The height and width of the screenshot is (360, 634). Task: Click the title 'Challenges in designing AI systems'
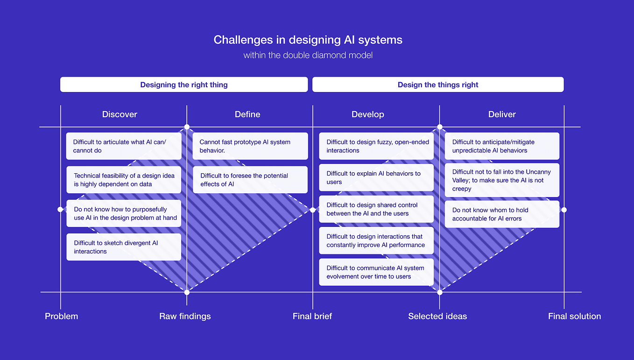click(x=308, y=40)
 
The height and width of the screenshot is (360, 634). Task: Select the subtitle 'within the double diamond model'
click(x=308, y=56)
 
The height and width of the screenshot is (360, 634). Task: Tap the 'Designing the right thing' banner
click(x=184, y=85)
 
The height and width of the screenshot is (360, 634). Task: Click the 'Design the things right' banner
click(x=438, y=85)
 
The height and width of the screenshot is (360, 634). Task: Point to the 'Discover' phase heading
click(x=120, y=114)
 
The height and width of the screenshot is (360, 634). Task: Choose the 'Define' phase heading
click(x=247, y=114)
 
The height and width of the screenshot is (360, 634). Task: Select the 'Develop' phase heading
click(x=368, y=114)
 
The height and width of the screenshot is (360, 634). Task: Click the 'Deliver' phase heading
click(x=502, y=114)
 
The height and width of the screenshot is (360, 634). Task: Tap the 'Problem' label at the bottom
click(x=61, y=316)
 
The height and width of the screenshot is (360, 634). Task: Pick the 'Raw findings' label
click(x=185, y=316)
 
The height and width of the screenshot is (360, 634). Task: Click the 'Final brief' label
click(x=312, y=316)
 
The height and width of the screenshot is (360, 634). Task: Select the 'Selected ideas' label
click(x=437, y=316)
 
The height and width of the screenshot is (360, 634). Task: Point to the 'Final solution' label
click(x=574, y=316)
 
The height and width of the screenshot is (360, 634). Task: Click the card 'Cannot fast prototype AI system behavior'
click(x=250, y=146)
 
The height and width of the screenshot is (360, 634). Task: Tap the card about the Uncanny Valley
click(x=502, y=180)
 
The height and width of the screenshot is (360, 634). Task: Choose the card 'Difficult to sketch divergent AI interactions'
click(x=124, y=247)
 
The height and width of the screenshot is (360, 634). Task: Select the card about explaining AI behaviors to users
click(x=376, y=178)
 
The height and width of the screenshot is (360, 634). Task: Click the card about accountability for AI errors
click(x=502, y=214)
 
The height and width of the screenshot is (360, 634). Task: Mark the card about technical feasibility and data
click(x=124, y=180)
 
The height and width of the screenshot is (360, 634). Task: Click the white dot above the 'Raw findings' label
click(x=187, y=292)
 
